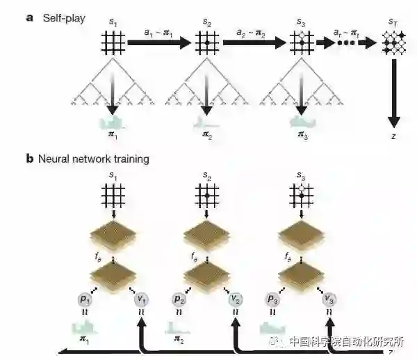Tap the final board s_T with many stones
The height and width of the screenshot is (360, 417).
click(393, 44)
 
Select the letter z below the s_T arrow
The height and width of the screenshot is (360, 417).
click(393, 136)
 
